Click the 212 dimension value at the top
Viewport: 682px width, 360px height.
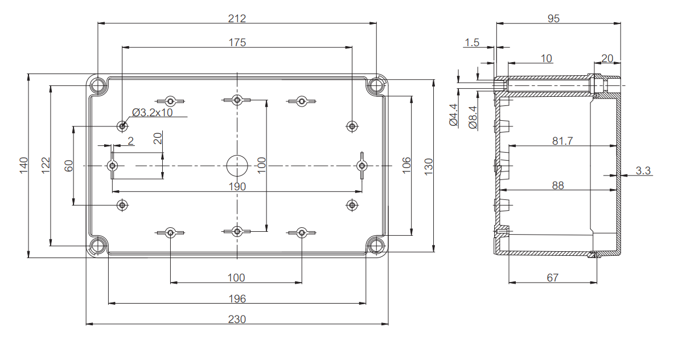tap(237, 18)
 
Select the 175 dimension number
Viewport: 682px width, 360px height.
tap(237, 43)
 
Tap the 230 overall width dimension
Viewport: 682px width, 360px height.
tap(237, 319)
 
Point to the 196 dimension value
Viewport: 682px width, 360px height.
tap(237, 298)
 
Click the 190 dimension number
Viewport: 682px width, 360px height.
tap(237, 186)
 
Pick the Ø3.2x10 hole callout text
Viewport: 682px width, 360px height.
tap(152, 112)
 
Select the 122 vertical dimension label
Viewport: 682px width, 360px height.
tap(46, 165)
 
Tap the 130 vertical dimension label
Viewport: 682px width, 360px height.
tap(429, 166)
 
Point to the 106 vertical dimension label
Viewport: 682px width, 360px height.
tap(406, 166)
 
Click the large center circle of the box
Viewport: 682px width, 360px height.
tap(237, 165)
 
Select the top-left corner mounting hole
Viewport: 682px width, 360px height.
tap(98, 86)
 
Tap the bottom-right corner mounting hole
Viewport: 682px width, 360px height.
tap(376, 246)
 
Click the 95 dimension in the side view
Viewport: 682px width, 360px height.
tap(553, 18)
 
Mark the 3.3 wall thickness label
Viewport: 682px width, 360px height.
tap(643, 170)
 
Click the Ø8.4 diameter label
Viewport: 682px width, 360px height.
tap(473, 117)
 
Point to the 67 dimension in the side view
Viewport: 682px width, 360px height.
tap(552, 277)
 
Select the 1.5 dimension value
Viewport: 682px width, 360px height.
tap(472, 42)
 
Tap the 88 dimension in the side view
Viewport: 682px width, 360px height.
tap(558, 185)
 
